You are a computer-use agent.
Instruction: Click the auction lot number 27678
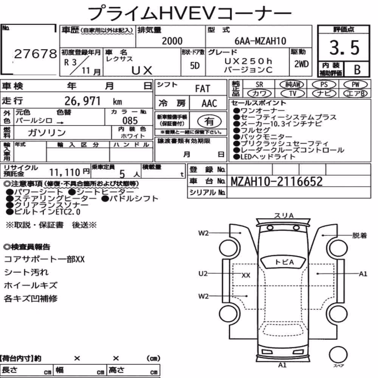pos(36,54)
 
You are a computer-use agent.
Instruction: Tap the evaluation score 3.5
pos(344,48)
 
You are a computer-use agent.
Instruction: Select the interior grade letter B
pos(357,70)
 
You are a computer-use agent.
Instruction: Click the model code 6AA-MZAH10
pos(260,41)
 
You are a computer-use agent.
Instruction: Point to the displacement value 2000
pos(172,41)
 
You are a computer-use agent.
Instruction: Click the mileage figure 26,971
pos(82,101)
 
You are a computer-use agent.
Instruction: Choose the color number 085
pos(130,121)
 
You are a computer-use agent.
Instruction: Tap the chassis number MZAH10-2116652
pos(277,181)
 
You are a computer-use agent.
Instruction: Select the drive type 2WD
pos(301,64)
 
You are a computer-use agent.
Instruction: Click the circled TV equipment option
pos(293,93)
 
